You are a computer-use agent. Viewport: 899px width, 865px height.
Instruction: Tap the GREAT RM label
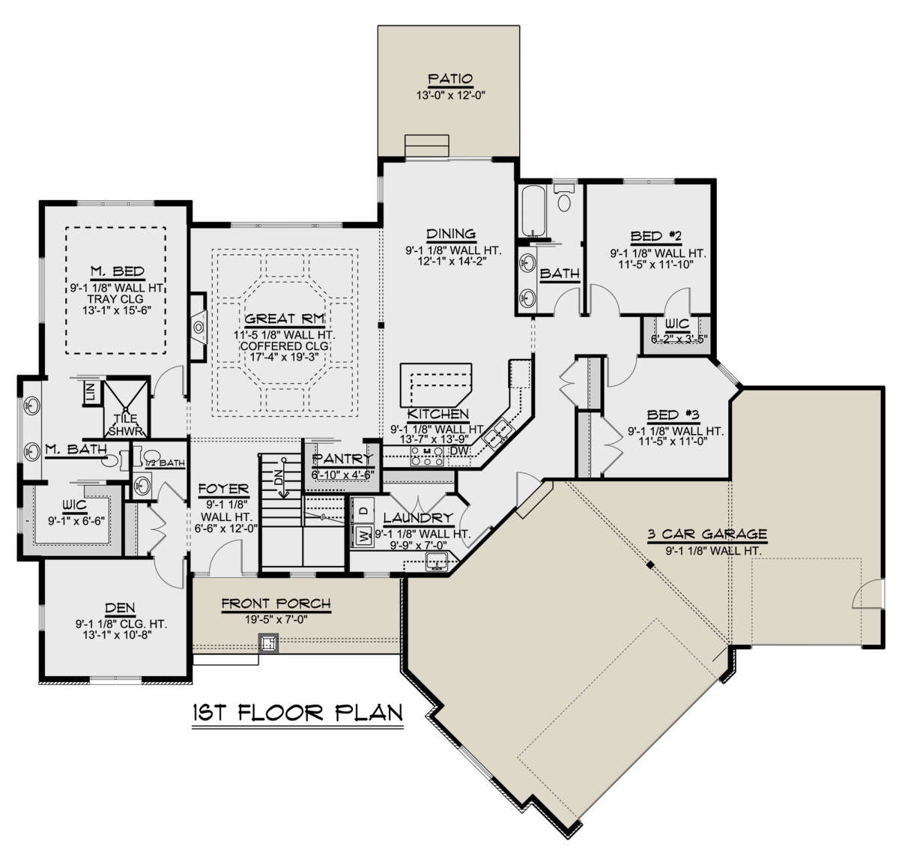(284, 319)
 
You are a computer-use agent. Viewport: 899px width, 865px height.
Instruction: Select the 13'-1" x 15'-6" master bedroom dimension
(118, 310)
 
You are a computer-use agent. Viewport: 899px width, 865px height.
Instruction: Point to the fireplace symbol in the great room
(199, 327)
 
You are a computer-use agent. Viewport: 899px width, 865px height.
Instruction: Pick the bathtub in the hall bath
(533, 211)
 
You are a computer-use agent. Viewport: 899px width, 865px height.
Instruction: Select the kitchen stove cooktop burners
(427, 456)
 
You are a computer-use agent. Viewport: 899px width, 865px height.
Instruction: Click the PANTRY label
(342, 459)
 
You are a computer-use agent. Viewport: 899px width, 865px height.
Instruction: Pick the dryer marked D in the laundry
(363, 511)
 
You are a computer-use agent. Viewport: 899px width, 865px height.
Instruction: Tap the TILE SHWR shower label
(126, 426)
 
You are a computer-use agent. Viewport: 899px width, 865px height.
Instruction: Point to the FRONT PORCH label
(276, 604)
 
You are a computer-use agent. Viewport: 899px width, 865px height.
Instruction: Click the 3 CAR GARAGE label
(706, 534)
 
